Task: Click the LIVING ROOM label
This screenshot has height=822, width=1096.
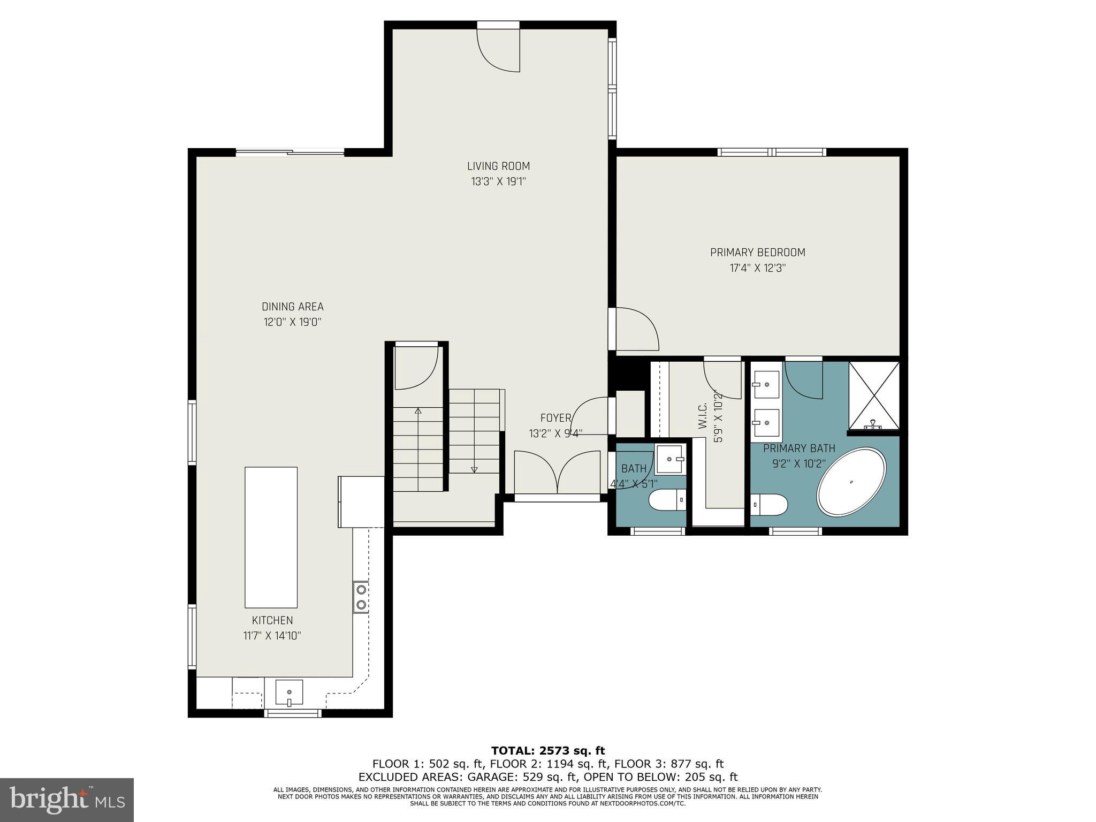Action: click(498, 166)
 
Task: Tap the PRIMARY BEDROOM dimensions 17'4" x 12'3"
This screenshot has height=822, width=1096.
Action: click(757, 268)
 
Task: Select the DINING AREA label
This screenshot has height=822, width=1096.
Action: click(292, 307)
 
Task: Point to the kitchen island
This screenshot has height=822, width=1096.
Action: click(271, 537)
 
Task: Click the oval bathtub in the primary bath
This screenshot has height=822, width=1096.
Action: click(851, 482)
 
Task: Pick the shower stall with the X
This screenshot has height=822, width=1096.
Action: click(874, 395)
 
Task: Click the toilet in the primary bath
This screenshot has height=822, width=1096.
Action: click(769, 504)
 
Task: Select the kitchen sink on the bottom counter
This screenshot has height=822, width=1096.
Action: click(289, 692)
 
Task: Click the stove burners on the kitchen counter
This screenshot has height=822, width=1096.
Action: click(361, 597)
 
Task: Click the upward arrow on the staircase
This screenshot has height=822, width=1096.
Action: click(418, 411)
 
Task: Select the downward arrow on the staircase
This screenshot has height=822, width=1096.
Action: click(474, 469)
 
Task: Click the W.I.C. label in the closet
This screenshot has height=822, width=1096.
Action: click(703, 416)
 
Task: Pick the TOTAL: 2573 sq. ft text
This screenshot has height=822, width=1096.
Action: click(547, 751)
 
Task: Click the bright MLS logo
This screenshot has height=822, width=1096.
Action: click(66, 800)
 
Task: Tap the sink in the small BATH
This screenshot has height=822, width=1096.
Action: click(669, 459)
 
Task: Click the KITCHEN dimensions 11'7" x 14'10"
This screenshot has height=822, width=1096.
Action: click(272, 636)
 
